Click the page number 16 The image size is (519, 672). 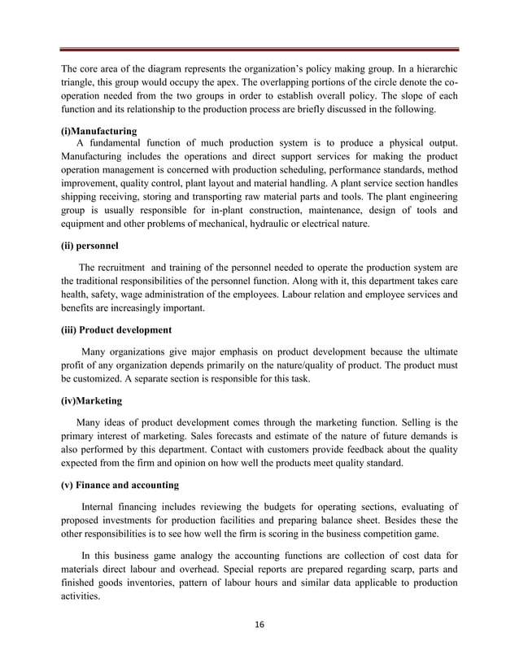coord(259,625)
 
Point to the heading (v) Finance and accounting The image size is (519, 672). coord(120,486)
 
